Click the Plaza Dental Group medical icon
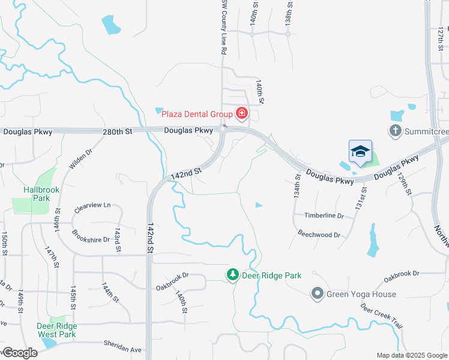click(242, 113)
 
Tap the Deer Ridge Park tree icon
click(232, 275)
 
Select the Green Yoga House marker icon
click(317, 293)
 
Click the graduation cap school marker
click(360, 151)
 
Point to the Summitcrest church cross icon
click(395, 130)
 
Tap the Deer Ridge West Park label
click(57, 330)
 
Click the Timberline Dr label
click(324, 216)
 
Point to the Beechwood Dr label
click(319, 234)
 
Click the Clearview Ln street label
click(93, 205)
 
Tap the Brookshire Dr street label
click(90, 236)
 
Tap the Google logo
click(20, 353)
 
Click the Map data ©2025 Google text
click(412, 355)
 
